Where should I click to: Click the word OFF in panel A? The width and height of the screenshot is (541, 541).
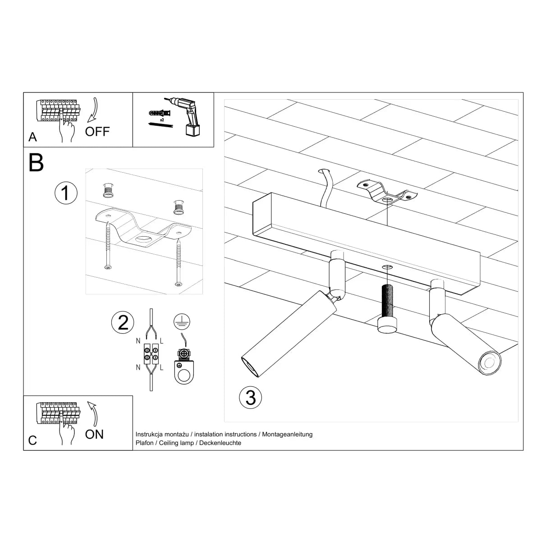tap(97, 131)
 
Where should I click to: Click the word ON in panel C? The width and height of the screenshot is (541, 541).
tap(94, 434)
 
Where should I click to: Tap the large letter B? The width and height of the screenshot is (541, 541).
tap(36, 163)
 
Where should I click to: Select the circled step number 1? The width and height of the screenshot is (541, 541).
tap(66, 193)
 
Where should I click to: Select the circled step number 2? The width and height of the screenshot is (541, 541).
tap(123, 322)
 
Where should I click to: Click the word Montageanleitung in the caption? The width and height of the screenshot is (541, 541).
tap(287, 435)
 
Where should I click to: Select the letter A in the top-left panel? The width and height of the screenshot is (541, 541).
tap(32, 137)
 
